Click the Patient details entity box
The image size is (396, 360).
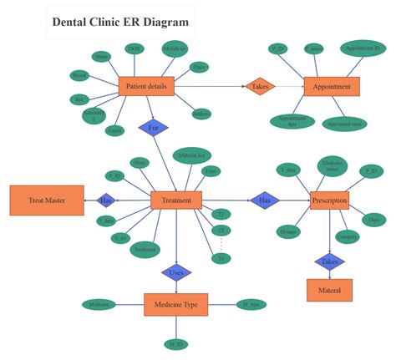point(146,86)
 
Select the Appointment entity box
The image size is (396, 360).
point(332,86)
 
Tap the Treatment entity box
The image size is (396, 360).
point(176,200)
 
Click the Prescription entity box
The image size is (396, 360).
point(329,200)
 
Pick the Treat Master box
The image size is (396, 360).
point(47,200)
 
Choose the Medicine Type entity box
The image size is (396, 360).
point(175,305)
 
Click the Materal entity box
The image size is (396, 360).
point(329,290)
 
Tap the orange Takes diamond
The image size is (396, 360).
point(258,86)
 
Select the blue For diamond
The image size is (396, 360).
point(153,128)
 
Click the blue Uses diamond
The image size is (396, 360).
point(176,271)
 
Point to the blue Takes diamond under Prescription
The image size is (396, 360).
point(329,261)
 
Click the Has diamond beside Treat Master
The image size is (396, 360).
point(106,200)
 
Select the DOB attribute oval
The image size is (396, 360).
point(134,48)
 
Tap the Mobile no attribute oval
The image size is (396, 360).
point(175,48)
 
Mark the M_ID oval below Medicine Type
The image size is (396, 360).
point(175,343)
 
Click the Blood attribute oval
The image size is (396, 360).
point(80,76)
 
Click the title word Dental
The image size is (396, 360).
point(71,22)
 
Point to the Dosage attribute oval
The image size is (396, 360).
point(288,231)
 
